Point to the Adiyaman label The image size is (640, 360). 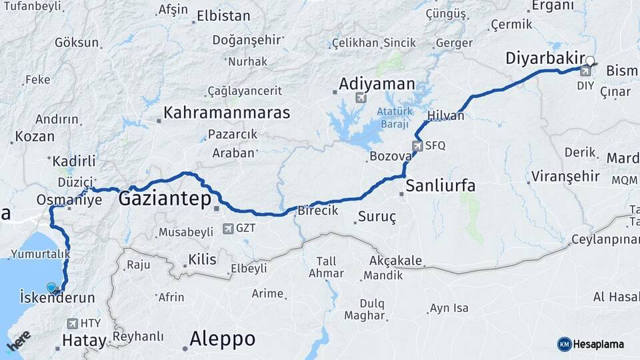[377, 85]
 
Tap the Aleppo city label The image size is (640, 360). [222, 339]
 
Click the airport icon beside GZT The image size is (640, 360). [229, 228]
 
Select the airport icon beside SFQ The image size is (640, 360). [417, 145]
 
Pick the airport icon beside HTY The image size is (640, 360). [73, 324]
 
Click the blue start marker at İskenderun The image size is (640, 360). [52, 288]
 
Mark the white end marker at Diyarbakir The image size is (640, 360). [589, 61]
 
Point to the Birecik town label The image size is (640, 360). [318, 210]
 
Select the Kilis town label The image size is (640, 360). [202, 259]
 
